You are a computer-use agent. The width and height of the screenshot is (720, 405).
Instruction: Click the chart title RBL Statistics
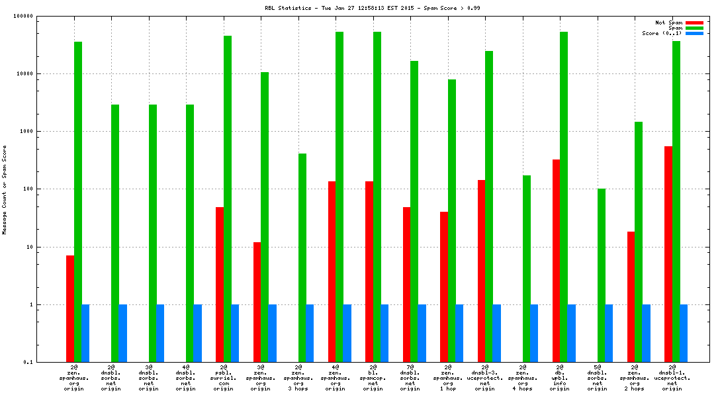point(360,8)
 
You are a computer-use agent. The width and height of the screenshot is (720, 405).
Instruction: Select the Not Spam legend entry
point(668,22)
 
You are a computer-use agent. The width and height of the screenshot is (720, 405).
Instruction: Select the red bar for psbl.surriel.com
point(220,285)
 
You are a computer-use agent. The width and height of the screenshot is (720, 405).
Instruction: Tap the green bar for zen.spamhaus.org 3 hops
point(302,257)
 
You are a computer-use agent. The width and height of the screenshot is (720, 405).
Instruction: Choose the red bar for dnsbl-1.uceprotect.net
point(668,254)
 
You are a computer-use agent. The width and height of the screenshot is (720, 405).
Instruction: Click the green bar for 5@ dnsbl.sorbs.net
point(602,275)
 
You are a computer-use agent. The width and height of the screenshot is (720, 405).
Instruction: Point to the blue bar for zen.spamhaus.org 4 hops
point(534,334)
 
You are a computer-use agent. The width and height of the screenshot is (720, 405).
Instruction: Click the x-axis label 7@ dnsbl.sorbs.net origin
point(410,377)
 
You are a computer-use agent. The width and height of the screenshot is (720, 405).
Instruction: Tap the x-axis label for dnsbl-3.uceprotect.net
point(485,377)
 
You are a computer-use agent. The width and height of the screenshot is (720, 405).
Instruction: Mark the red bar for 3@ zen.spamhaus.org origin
point(257,302)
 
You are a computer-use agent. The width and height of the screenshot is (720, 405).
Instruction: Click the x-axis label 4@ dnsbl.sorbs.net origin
point(186,377)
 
